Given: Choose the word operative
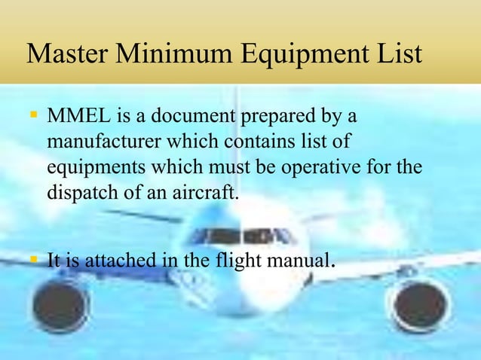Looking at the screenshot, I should (x=316, y=168).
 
